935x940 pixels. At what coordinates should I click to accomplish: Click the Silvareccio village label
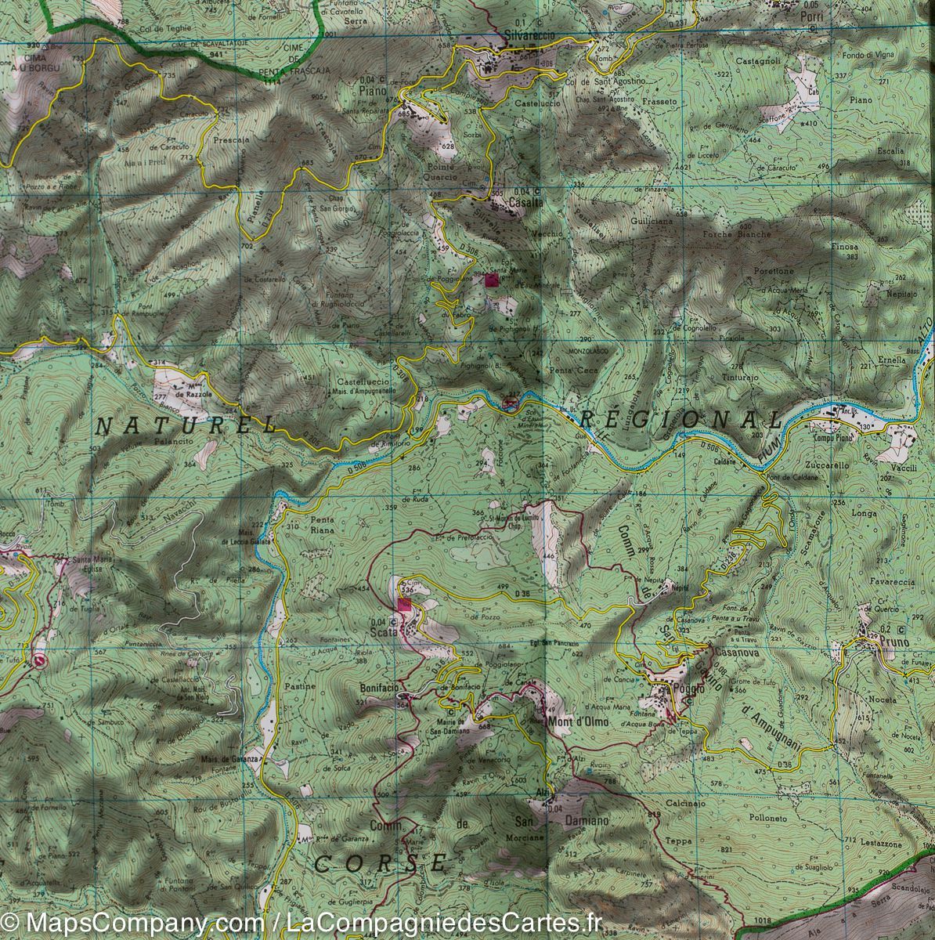[x=529, y=35]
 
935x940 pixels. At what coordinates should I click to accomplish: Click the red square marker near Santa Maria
[x=492, y=280]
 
